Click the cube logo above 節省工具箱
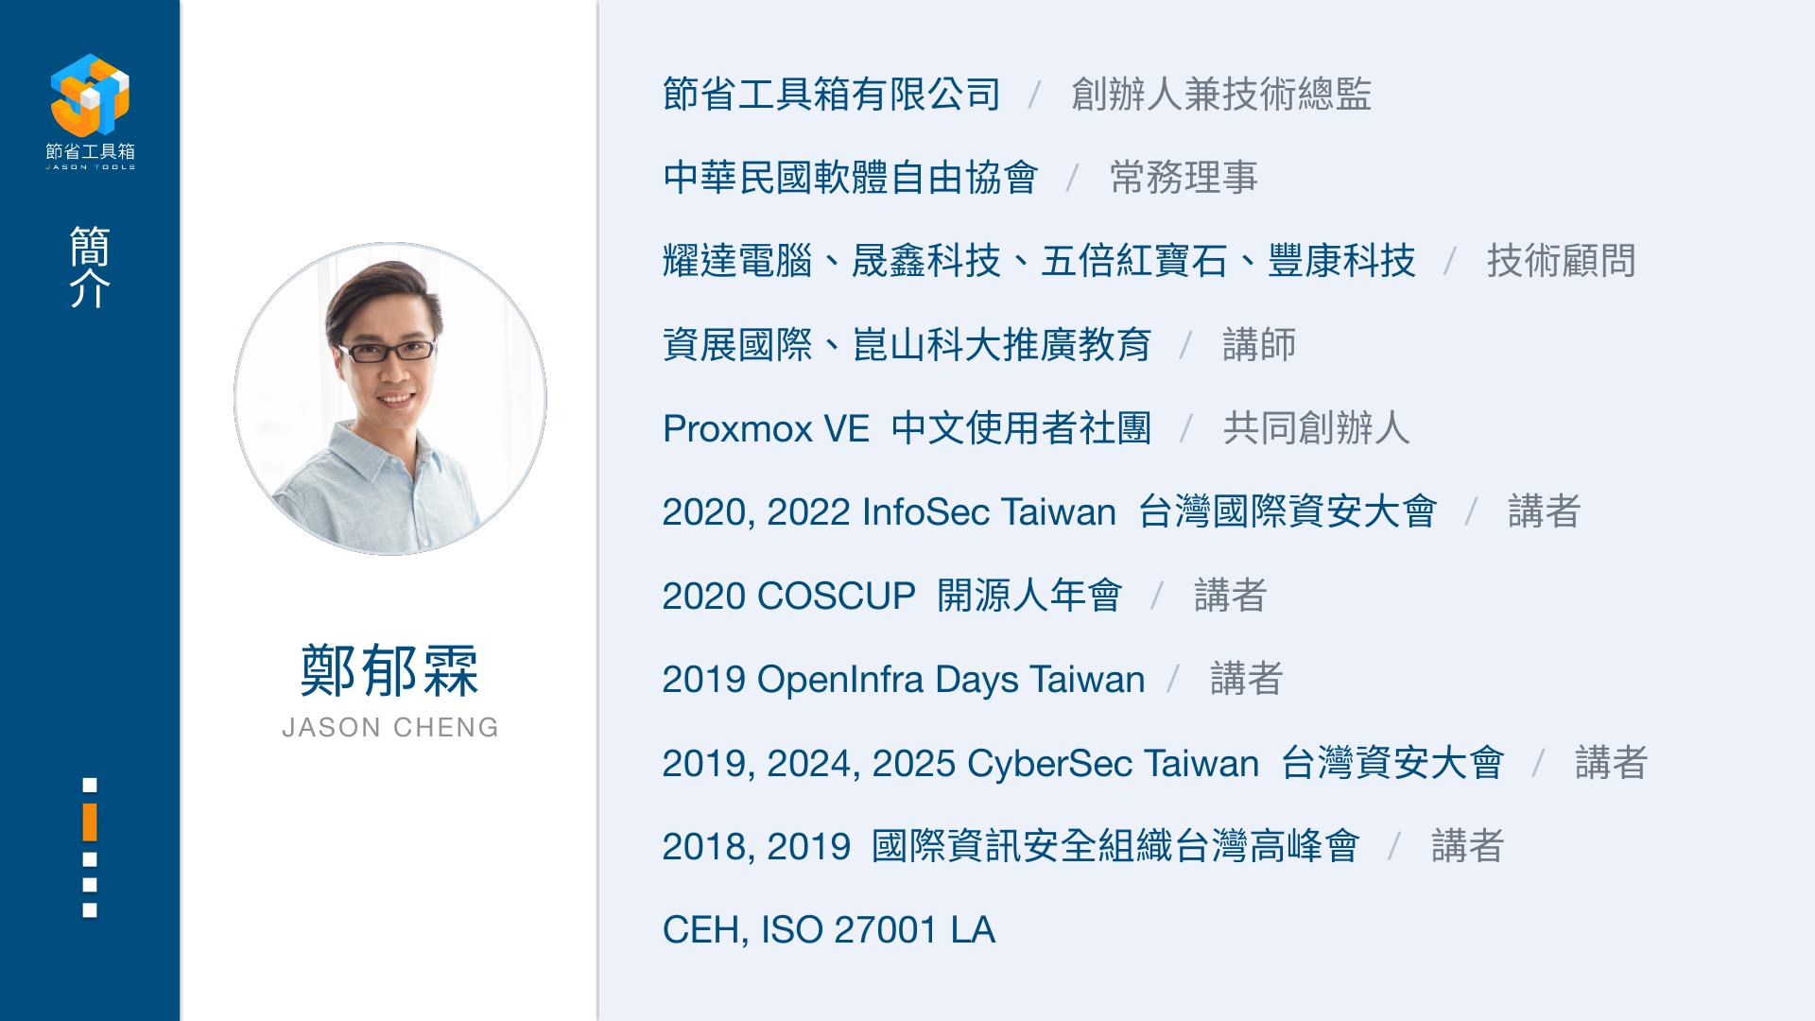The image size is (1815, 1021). coord(90,95)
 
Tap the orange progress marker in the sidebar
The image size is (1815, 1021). coord(90,822)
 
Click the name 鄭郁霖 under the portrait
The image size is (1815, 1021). coord(389,671)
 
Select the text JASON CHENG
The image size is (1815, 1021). coord(390,727)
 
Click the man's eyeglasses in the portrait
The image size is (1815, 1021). coord(388,352)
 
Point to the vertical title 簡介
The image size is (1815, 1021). coord(90,267)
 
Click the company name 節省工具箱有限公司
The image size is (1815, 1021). coord(832,95)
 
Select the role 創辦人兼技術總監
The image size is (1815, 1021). coord(1221,95)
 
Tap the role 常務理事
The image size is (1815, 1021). coord(1184,178)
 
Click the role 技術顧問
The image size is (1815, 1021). coord(1562,261)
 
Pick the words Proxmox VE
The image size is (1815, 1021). coord(766,429)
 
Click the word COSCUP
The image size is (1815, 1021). coord(837,596)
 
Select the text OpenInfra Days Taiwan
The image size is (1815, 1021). coord(951,680)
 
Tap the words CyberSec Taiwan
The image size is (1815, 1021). coord(1113,763)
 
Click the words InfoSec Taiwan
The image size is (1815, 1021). coord(989,512)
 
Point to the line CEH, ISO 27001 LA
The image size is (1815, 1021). coord(829,930)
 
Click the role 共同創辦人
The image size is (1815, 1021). coord(1316,428)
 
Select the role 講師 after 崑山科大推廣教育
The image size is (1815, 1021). coord(1259,345)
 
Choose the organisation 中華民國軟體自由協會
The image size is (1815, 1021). coord(851,178)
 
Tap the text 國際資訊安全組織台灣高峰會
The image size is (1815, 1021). coord(1115,846)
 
